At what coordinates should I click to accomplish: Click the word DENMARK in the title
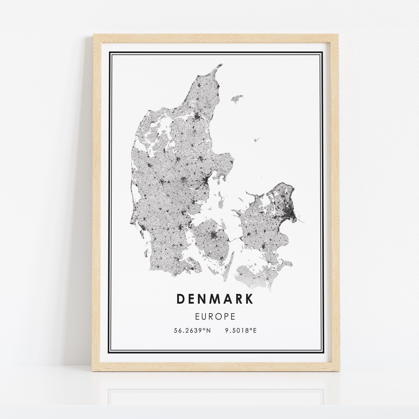point(215,299)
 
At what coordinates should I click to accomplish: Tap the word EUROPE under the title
point(215,316)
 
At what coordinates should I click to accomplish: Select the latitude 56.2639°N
point(192,330)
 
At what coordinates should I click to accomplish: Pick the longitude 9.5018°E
point(241,330)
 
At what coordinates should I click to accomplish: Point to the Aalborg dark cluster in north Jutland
point(197,117)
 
